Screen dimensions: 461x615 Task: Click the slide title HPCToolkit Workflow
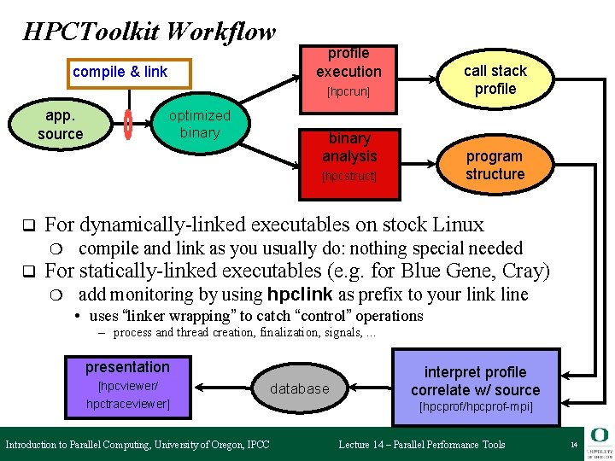(149, 32)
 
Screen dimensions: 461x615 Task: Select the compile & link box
(120, 72)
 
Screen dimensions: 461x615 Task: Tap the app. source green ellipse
(61, 125)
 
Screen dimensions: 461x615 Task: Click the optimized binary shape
(199, 125)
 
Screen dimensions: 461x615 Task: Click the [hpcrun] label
(348, 91)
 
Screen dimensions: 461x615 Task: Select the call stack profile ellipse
(495, 79)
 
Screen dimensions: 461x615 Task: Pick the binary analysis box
(349, 148)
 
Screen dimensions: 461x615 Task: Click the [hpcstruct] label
(349, 177)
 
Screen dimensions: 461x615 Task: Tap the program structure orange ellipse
(495, 166)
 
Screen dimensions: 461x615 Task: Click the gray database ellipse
(299, 389)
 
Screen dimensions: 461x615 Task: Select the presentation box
(127, 368)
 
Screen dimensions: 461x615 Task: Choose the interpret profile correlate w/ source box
(476, 381)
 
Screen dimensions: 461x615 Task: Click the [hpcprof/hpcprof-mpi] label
(476, 407)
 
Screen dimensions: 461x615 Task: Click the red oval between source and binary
(128, 125)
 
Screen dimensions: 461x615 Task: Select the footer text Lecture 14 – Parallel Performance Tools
(422, 445)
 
